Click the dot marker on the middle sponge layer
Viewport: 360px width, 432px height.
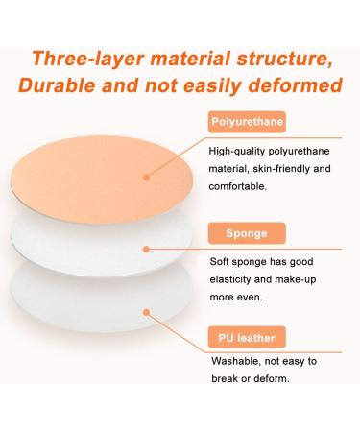click(x=146, y=248)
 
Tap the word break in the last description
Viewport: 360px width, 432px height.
click(x=228, y=380)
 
